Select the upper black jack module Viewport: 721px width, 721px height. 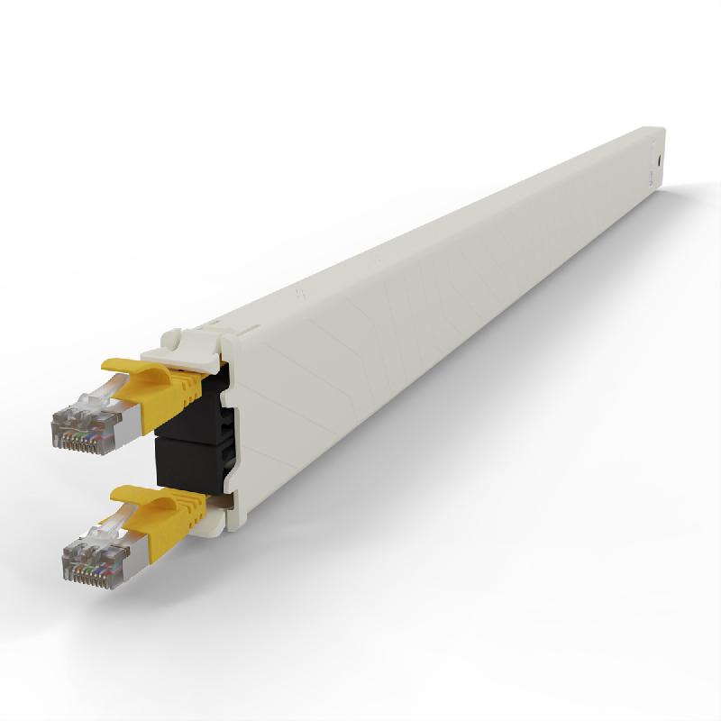(x=194, y=410)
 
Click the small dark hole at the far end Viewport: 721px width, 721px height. (x=662, y=157)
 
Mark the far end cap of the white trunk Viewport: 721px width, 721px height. (x=655, y=162)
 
